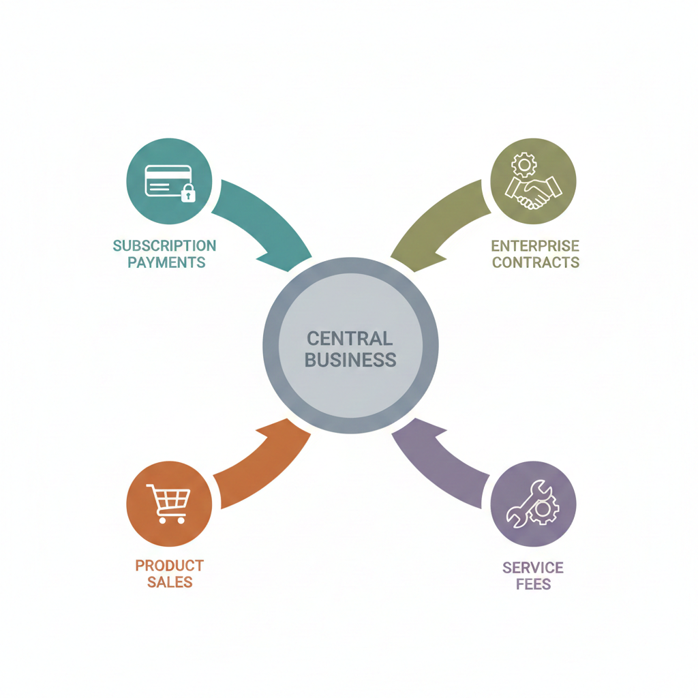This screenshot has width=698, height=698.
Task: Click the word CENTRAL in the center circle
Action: tap(350, 338)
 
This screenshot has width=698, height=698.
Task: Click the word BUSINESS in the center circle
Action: tap(350, 360)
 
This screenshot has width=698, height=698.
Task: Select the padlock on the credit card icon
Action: tap(188, 194)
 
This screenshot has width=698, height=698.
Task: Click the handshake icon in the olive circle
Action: tap(532, 191)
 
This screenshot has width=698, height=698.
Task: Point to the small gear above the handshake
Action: tap(524, 164)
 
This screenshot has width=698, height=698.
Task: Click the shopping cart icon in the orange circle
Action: tap(168, 504)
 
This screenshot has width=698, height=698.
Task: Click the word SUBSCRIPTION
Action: tap(164, 245)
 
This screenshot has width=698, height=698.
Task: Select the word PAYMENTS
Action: tap(166, 262)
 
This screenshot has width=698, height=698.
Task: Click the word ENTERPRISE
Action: tap(535, 245)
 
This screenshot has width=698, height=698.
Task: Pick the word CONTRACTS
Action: tap(535, 262)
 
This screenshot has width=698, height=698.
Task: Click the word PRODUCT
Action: tap(169, 565)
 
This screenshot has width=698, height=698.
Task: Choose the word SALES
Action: tap(170, 583)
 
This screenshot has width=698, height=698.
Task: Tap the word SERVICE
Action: tap(533, 567)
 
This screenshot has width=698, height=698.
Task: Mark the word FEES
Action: tap(533, 585)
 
